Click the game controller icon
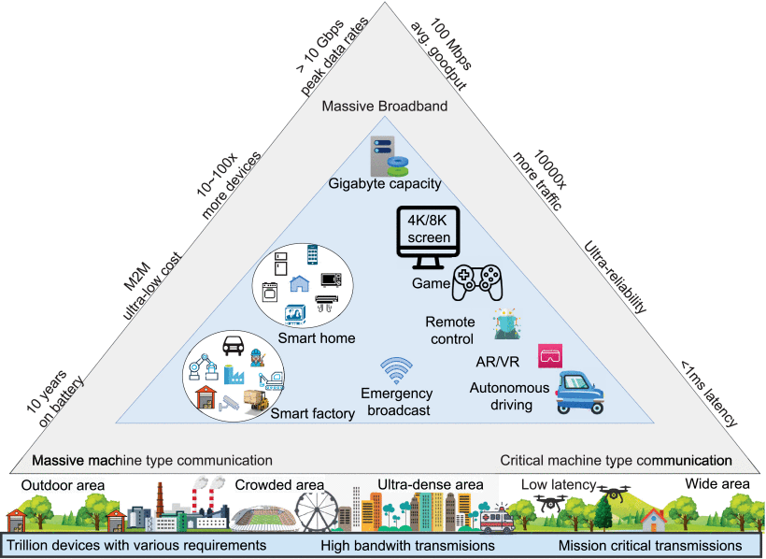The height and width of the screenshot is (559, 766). point(476,282)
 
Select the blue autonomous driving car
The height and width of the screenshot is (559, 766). point(579,392)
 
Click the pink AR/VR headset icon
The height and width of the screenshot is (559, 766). point(549,355)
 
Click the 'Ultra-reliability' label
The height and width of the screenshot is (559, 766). point(616,276)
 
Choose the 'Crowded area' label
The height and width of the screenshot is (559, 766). point(279,485)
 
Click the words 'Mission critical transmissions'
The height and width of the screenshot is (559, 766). point(650,544)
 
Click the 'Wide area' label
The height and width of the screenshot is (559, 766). point(715,484)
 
